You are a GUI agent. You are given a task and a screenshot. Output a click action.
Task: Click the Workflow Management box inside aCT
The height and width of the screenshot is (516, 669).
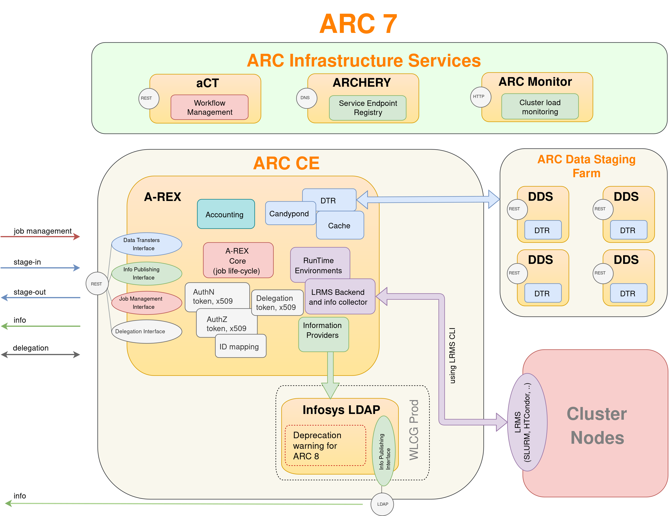coord(210,107)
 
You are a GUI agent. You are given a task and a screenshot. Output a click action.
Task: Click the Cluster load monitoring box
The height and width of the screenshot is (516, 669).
coord(540,107)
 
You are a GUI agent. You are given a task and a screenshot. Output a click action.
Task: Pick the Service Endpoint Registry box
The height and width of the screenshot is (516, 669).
coord(368,108)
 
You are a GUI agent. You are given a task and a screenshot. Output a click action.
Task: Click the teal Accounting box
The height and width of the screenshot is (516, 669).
coord(226,214)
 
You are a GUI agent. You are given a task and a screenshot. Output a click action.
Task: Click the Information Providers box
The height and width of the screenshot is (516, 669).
coord(323,334)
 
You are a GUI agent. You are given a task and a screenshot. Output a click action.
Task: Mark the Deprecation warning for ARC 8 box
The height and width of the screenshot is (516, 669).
coord(325,445)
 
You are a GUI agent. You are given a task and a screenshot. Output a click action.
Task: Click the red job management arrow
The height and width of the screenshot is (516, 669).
coord(40,237)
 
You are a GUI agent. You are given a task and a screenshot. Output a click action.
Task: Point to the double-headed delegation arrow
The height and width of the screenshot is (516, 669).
coord(40,355)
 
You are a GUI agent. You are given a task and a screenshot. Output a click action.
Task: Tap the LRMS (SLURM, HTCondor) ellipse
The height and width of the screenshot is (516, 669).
coord(527,422)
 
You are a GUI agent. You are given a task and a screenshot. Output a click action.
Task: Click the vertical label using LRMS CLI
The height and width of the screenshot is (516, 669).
coord(452,355)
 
